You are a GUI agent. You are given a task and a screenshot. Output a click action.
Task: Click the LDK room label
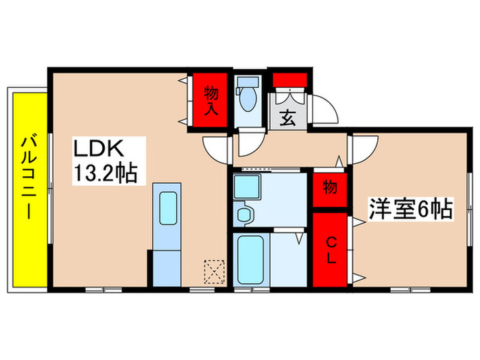tap(99, 149)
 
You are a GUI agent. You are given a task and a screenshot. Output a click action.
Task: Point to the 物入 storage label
tap(211, 99)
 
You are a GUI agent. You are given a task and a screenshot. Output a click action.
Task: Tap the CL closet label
tap(331, 250)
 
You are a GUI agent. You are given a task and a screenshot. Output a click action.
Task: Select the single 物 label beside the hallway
tap(330, 187)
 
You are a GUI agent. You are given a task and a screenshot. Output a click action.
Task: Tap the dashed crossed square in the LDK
tap(215, 271)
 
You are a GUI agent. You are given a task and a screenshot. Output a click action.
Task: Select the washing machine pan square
tap(244, 187)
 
